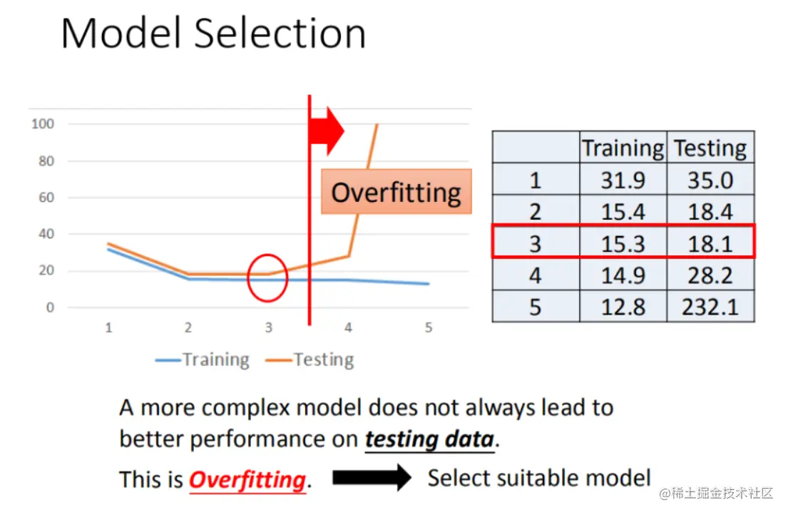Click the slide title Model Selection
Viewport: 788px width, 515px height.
coord(214,33)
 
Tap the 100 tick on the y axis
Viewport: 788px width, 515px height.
coord(43,123)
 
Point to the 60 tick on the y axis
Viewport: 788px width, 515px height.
coord(46,198)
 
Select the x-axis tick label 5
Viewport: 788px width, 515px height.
coord(428,327)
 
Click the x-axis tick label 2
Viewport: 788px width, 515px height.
coord(188,327)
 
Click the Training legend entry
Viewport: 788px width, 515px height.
coord(203,360)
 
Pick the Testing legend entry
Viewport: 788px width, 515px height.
coord(310,360)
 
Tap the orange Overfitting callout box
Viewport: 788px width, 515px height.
coord(396,192)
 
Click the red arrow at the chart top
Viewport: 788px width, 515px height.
coord(327,131)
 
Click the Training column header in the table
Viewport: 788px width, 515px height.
coord(623,148)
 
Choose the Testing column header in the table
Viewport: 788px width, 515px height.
coord(710,148)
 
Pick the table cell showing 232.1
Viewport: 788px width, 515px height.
coord(710,307)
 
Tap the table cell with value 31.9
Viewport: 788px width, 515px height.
coord(623,180)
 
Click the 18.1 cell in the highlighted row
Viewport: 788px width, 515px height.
coord(710,244)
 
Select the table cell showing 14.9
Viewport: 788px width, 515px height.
coord(623,275)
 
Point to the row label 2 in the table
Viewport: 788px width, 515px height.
coord(536,212)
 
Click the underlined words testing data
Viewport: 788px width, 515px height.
coord(430,439)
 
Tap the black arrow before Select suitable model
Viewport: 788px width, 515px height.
coord(372,477)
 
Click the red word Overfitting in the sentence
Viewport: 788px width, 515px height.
coord(247,480)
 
